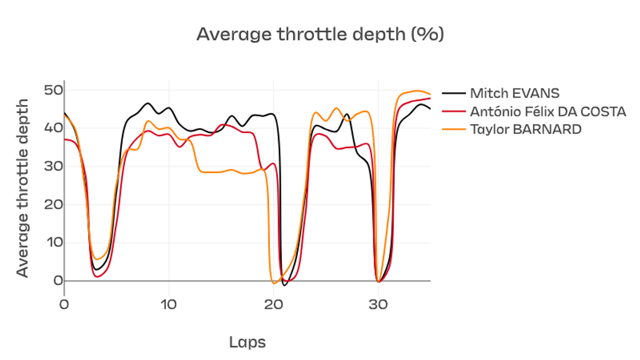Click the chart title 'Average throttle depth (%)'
pos(320,34)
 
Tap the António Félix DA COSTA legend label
pos(547,111)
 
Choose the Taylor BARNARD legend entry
pos(525,129)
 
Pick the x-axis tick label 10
pos(168,304)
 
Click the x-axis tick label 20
pos(273,304)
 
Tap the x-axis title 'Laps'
pos(247,342)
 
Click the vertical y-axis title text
pos(22,187)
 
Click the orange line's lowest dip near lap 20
pos(273,283)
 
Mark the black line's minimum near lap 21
pos(284,285)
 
